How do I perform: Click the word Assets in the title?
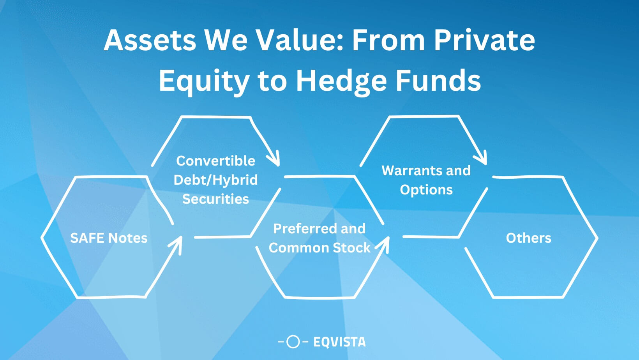pyautogui.click(x=150, y=40)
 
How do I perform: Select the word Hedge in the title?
pyautogui.click(x=341, y=81)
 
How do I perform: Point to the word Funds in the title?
pyautogui.click(x=438, y=81)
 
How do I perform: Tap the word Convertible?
pyautogui.click(x=215, y=161)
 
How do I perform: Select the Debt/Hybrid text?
pyautogui.click(x=215, y=180)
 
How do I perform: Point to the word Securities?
pyautogui.click(x=215, y=199)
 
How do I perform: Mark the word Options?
pyautogui.click(x=426, y=190)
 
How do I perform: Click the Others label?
pyautogui.click(x=528, y=238)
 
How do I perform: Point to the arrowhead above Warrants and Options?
pyautogui.click(x=482, y=159)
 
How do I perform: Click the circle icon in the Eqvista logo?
pyautogui.click(x=293, y=342)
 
